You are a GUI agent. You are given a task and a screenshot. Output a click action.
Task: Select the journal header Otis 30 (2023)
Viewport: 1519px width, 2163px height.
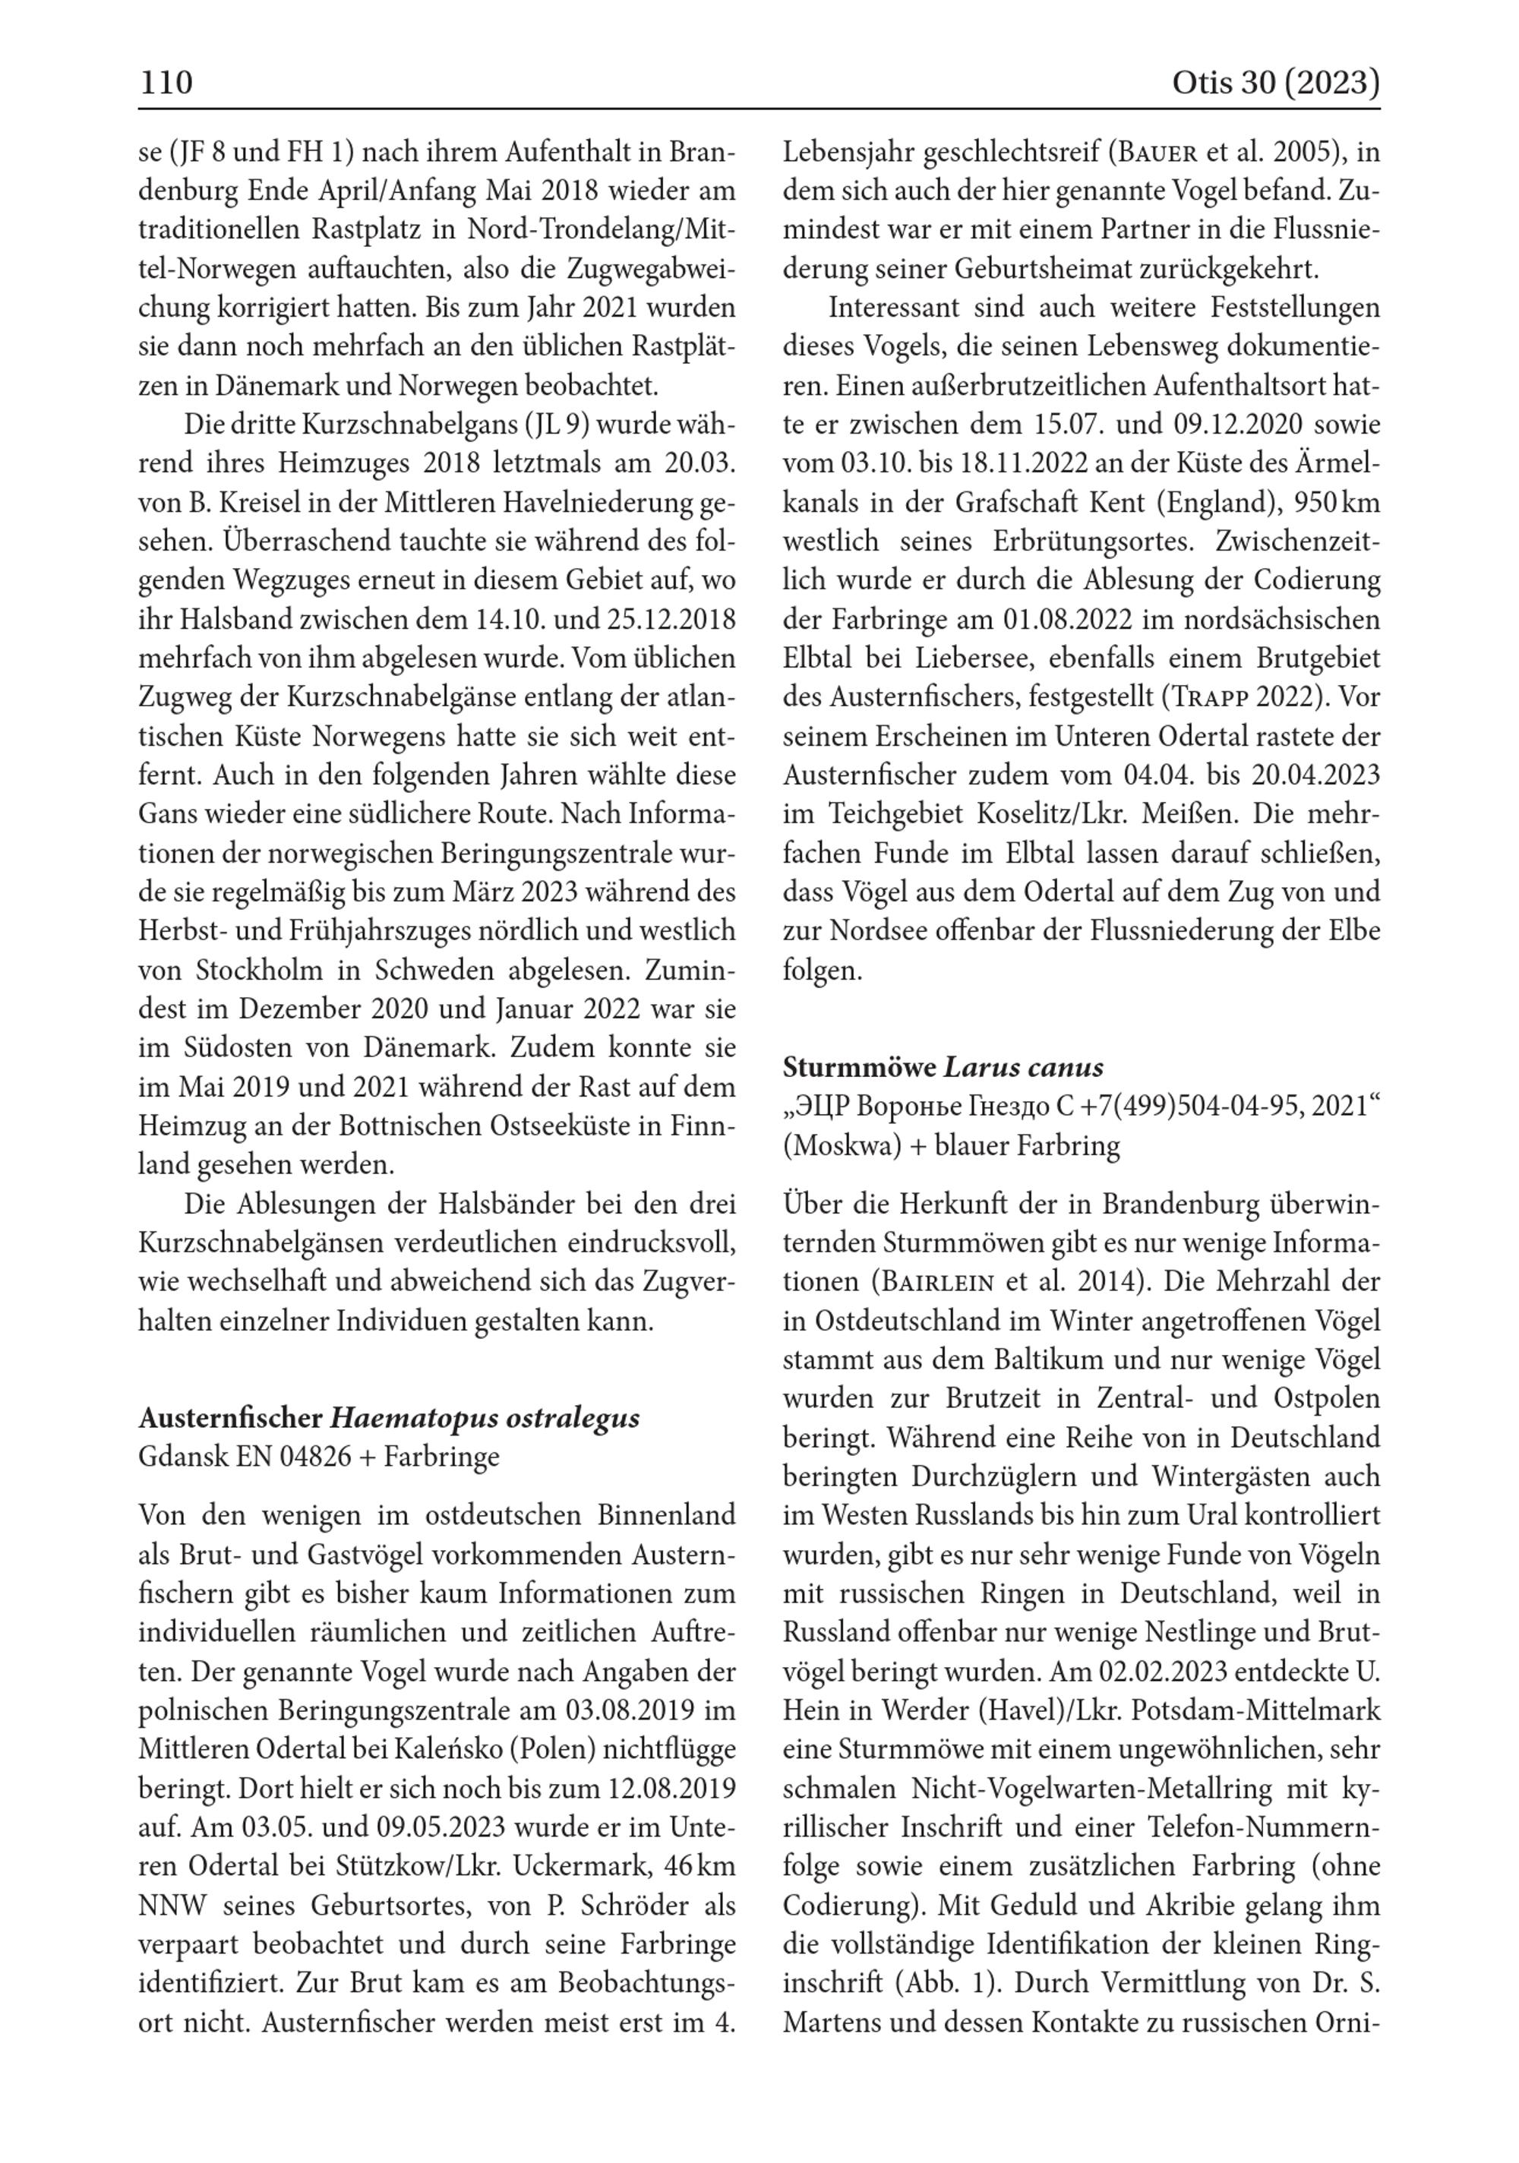pos(1275,83)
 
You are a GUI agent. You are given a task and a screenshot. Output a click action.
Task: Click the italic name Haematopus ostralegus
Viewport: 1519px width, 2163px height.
pos(485,1418)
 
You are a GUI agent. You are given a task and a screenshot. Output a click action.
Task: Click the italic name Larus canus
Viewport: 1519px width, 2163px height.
pos(1023,1067)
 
